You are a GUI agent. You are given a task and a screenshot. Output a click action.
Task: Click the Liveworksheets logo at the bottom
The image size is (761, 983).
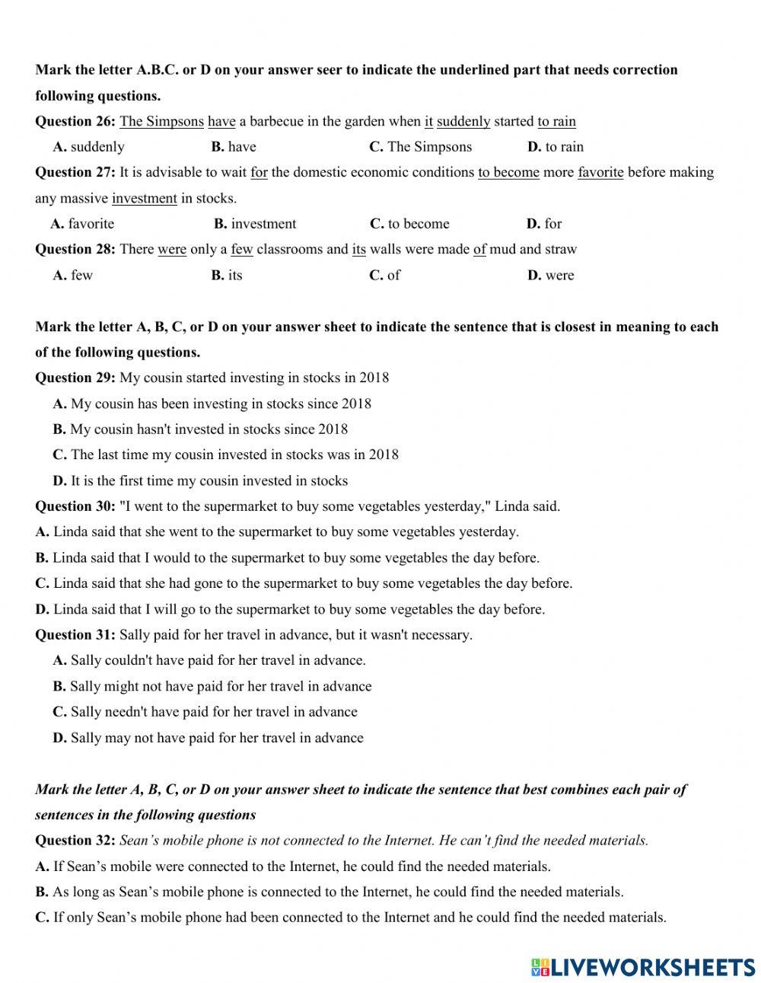tap(643, 967)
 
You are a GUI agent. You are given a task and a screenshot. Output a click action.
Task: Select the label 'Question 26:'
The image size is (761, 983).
tap(75, 121)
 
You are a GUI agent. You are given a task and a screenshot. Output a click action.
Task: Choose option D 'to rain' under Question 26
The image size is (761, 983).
tap(556, 147)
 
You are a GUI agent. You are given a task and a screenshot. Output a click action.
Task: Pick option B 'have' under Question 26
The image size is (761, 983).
tap(234, 147)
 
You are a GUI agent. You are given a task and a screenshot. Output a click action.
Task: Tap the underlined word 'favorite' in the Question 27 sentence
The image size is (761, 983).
tap(600, 172)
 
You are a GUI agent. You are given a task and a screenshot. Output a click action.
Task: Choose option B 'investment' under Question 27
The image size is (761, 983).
tap(255, 224)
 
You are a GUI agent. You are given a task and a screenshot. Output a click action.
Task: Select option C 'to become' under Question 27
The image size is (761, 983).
tap(409, 224)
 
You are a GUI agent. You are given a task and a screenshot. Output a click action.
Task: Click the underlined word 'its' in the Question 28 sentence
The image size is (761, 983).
tap(359, 249)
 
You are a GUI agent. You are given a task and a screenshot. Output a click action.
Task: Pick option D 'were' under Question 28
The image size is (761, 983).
tap(551, 275)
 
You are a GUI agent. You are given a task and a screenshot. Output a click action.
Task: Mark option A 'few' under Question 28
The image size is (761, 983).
tap(73, 275)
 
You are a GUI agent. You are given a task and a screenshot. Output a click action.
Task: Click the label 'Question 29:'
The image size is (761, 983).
tap(75, 378)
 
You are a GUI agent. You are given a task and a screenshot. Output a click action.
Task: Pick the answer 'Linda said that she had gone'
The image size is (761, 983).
tap(304, 583)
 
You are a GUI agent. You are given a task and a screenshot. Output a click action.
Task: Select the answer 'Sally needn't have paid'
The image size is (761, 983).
tap(205, 712)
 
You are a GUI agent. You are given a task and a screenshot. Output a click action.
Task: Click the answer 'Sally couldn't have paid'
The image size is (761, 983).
tap(209, 660)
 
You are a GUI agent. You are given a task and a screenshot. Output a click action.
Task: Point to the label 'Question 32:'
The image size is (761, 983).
tap(75, 841)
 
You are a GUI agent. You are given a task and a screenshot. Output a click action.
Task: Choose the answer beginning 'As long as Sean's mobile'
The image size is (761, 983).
tap(329, 892)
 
